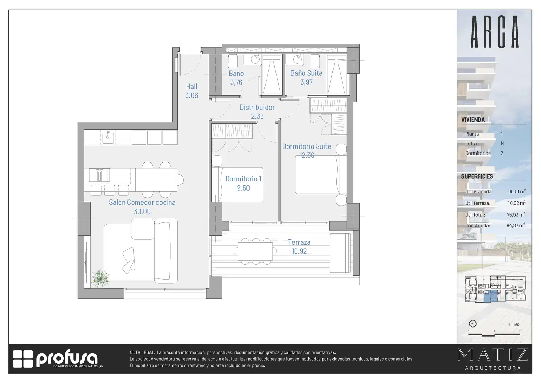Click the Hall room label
[192, 86]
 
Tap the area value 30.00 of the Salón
[142, 212]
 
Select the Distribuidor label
[257, 108]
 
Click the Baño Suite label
[306, 73]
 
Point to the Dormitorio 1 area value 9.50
[243, 188]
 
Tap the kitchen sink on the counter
[108, 137]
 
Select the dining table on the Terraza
[255, 251]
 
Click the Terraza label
[299, 242]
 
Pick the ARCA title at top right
[495, 31]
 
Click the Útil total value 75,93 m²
[516, 215]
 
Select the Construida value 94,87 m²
[516, 225]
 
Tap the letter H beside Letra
[502, 144]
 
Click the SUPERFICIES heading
[477, 176]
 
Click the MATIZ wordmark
[493, 355]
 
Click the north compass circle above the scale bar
[473, 324]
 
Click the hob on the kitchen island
[99, 175]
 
